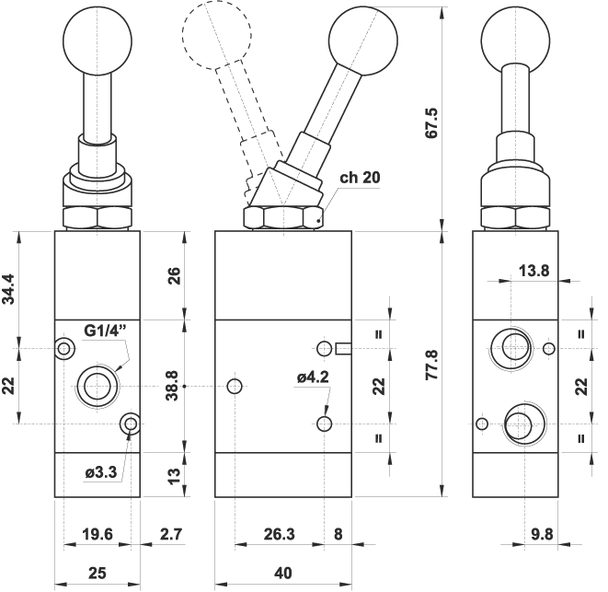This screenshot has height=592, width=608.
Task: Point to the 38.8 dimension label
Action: [x=171, y=387]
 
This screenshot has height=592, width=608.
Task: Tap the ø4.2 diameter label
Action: [x=313, y=376]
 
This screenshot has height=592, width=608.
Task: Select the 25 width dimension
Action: [x=97, y=573]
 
